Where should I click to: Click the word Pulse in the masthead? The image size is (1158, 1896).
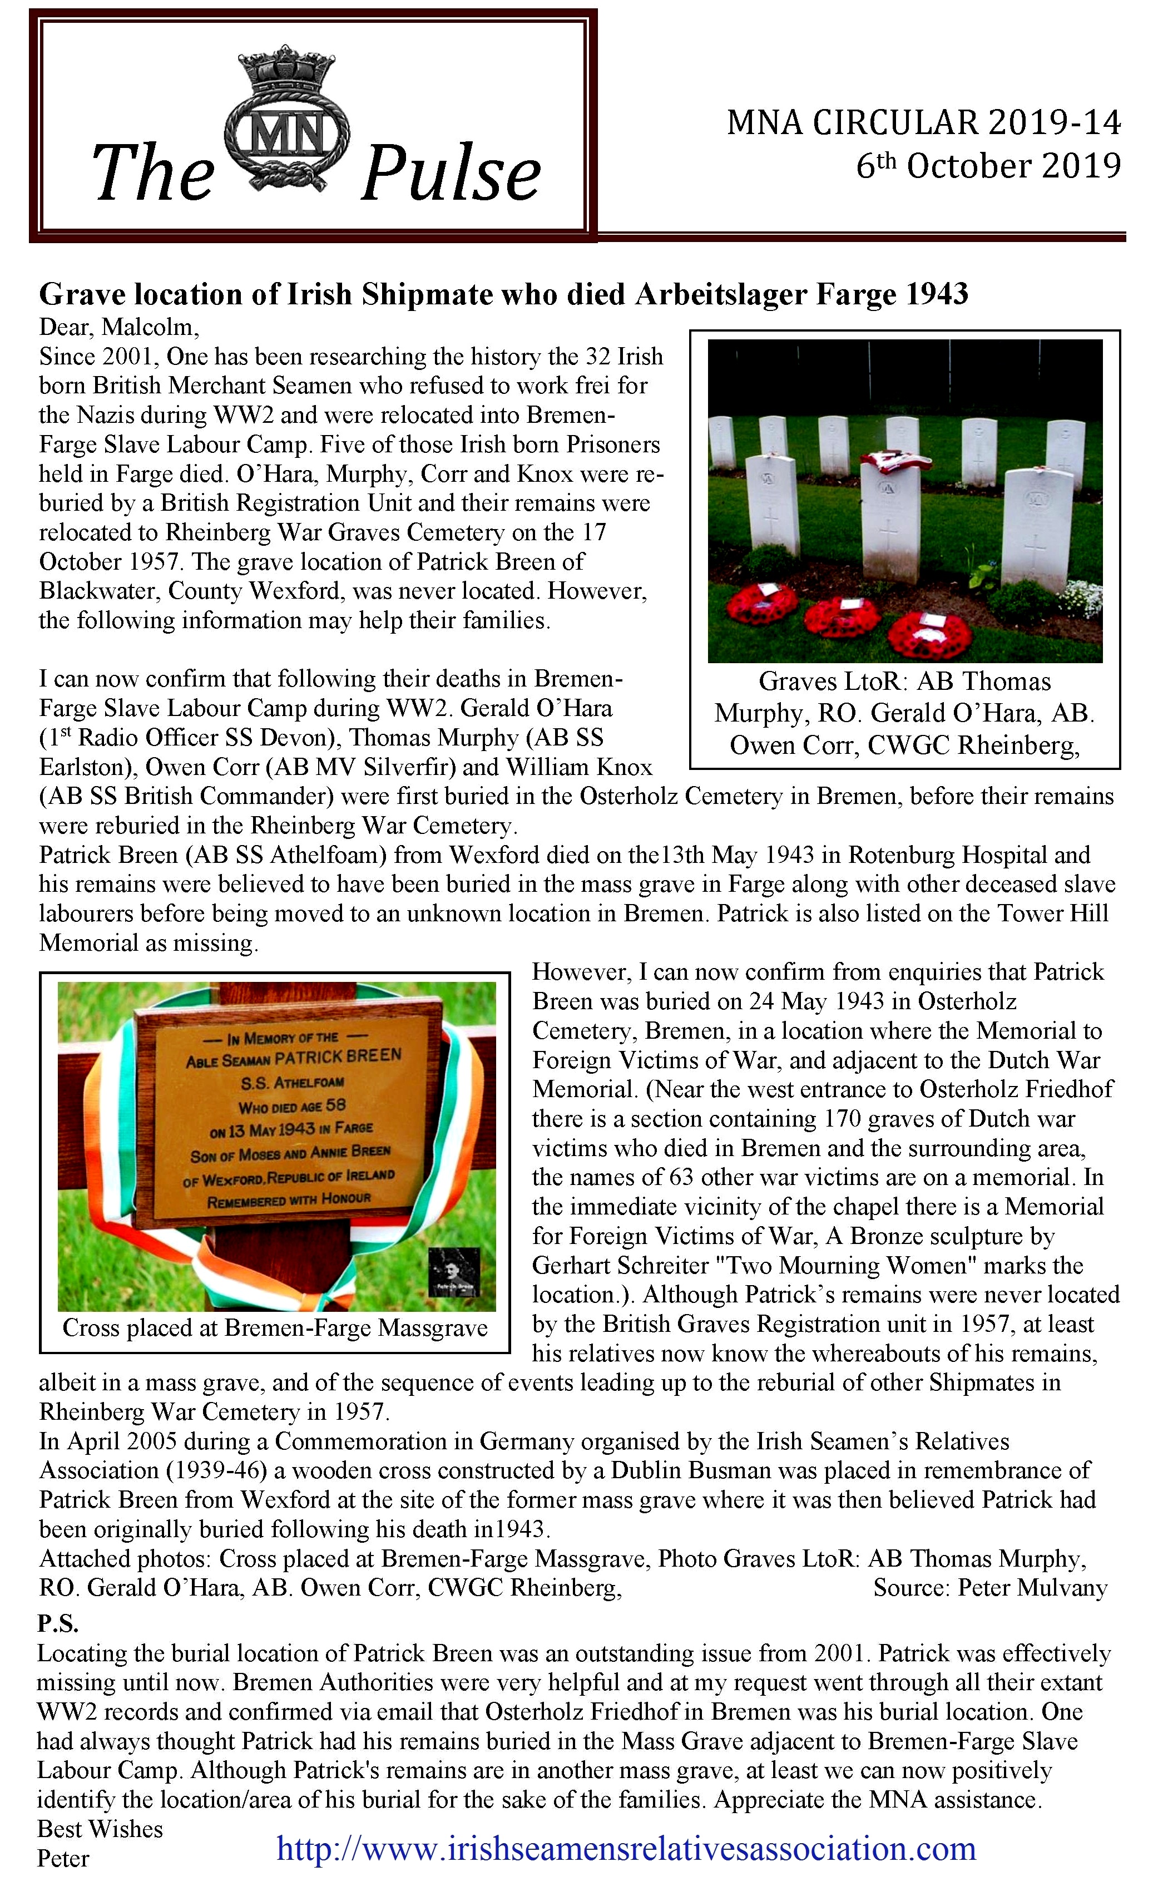click(451, 175)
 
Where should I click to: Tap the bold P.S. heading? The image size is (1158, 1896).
click(58, 1623)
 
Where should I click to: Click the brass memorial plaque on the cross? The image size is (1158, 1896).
click(289, 1117)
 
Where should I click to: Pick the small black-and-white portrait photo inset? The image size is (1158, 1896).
click(454, 1272)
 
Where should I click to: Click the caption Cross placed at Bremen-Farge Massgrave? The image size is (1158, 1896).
click(275, 1328)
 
